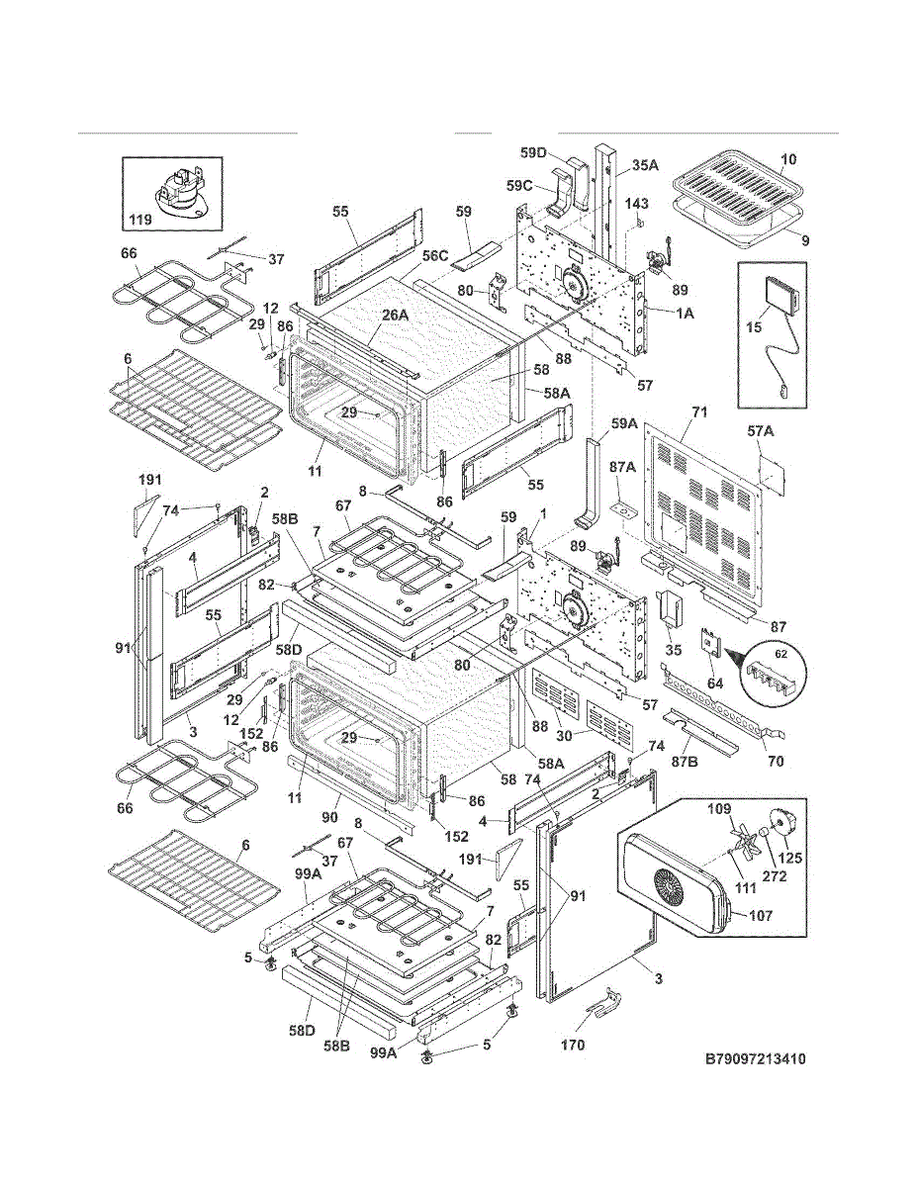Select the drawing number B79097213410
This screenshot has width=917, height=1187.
(x=755, y=1059)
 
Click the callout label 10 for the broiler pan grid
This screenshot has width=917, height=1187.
(x=788, y=159)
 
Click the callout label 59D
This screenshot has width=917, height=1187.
(x=533, y=152)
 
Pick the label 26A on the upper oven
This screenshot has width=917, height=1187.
(x=395, y=315)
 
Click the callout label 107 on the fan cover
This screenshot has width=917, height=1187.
(x=760, y=916)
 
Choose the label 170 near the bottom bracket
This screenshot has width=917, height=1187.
(x=572, y=1045)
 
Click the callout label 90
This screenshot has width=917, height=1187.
(x=329, y=817)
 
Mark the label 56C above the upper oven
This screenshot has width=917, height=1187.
(x=435, y=255)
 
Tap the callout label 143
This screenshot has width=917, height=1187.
(x=636, y=204)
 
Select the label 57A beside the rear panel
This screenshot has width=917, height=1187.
(x=761, y=432)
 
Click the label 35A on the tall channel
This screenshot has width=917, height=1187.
(x=645, y=167)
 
